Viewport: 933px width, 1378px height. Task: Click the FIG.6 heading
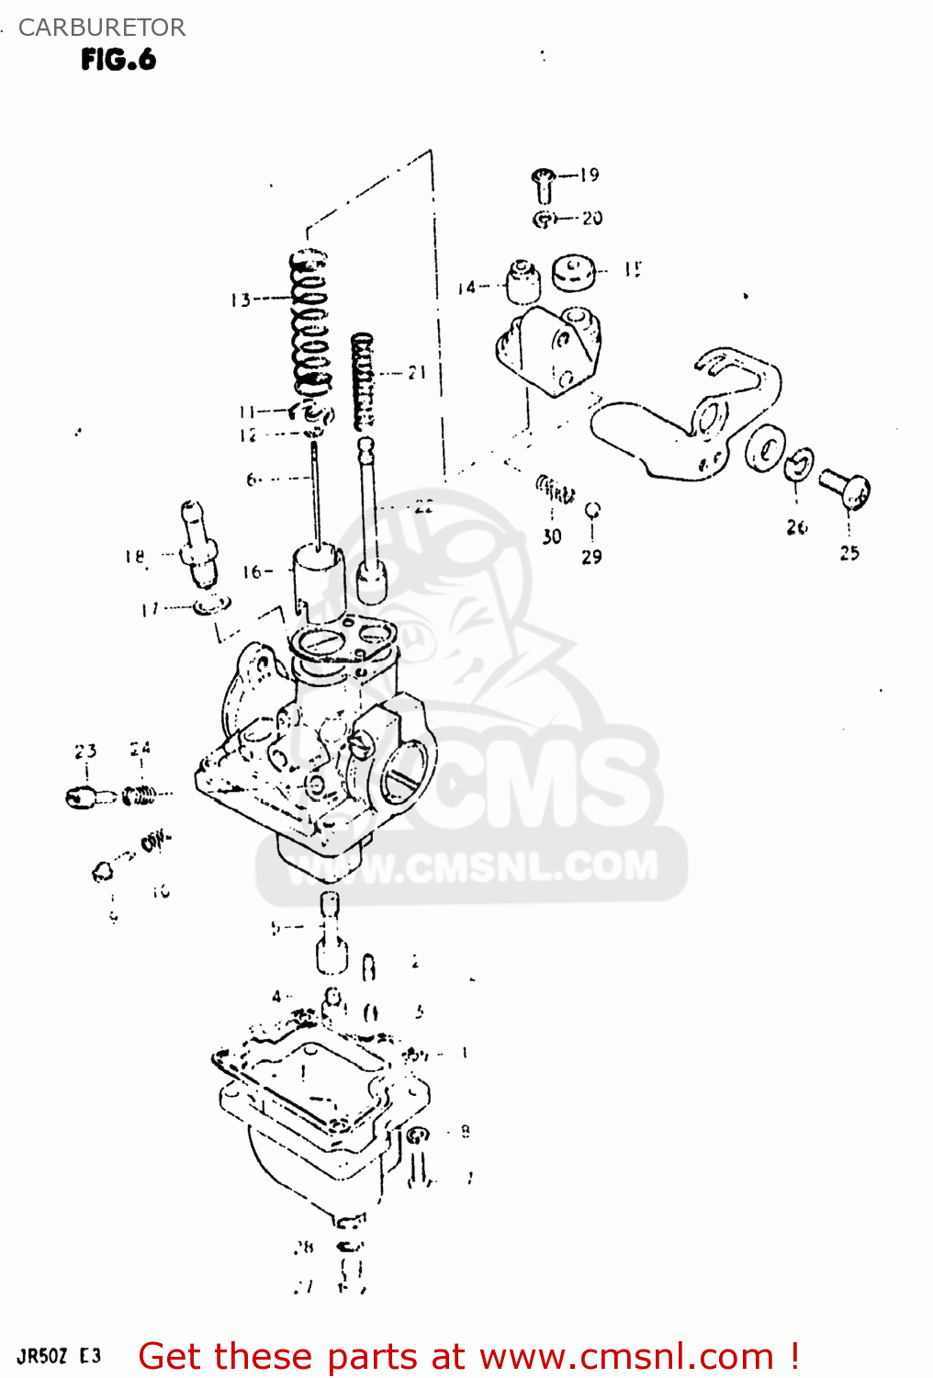[118, 60]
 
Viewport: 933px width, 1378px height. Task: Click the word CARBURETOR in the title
[101, 28]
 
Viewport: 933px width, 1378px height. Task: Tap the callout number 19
[590, 175]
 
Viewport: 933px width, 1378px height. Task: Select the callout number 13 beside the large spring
[241, 299]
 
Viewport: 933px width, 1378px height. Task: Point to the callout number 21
[418, 372]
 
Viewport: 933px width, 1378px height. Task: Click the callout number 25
[849, 553]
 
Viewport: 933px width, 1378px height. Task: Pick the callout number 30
[551, 537]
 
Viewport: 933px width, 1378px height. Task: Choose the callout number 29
[592, 557]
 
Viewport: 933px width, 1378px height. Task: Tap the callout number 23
[85, 751]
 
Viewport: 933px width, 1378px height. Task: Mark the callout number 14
[467, 288]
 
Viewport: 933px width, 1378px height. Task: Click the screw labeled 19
[544, 186]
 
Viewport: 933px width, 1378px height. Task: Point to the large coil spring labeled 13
[310, 326]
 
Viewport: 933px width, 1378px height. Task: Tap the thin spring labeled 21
[365, 381]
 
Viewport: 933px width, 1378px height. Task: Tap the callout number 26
[797, 527]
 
